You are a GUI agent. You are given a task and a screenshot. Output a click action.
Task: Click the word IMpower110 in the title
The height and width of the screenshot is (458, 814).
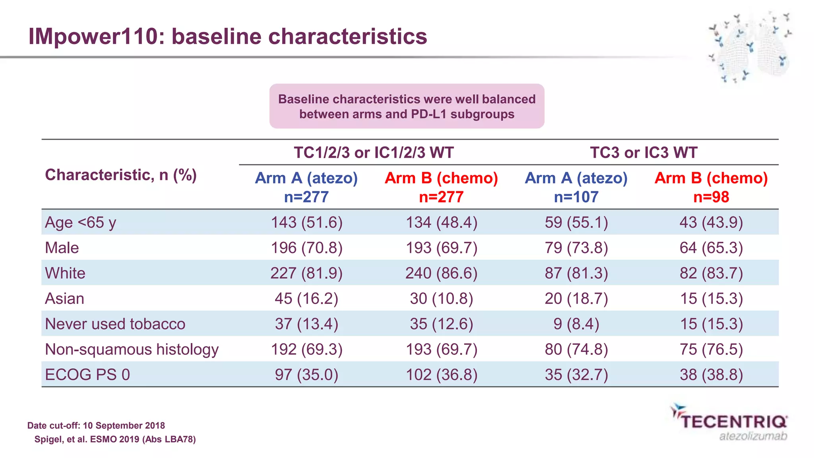click(93, 37)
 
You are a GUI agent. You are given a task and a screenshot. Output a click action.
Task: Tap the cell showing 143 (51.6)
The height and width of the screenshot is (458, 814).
click(306, 222)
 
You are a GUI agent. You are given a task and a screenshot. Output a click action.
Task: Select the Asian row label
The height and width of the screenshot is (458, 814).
click(64, 299)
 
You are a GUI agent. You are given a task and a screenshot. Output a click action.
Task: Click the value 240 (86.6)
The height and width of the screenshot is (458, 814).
click(441, 273)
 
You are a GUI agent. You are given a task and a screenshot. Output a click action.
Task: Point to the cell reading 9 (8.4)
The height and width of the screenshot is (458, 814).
click(576, 324)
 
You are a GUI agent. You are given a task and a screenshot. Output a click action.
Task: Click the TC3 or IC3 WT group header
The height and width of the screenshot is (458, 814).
click(643, 153)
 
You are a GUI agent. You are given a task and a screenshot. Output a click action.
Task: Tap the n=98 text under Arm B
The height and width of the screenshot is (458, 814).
click(711, 197)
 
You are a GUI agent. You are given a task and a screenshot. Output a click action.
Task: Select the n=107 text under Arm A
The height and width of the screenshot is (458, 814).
click(576, 197)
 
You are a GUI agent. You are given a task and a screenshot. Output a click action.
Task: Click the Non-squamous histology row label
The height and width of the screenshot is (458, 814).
click(132, 350)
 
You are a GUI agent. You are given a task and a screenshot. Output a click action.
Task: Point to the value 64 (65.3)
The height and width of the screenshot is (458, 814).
click(711, 248)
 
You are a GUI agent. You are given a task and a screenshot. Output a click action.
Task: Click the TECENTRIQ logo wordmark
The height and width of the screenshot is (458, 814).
click(734, 422)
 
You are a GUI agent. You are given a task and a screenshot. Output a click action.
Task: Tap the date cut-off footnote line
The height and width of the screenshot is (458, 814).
click(96, 426)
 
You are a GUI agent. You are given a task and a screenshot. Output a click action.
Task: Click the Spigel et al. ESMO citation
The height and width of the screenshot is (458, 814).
click(115, 439)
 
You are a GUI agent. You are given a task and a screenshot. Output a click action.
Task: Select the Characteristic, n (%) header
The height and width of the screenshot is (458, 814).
click(121, 175)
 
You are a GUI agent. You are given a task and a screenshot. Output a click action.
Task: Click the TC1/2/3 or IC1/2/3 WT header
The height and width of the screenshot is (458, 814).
click(374, 153)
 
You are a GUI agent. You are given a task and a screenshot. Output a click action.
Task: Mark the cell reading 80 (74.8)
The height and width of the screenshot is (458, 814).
click(576, 350)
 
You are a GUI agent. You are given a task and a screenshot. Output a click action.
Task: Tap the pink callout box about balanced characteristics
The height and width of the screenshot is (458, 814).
click(407, 106)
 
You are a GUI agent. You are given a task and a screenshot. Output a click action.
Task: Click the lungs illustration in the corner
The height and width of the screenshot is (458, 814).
click(750, 48)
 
